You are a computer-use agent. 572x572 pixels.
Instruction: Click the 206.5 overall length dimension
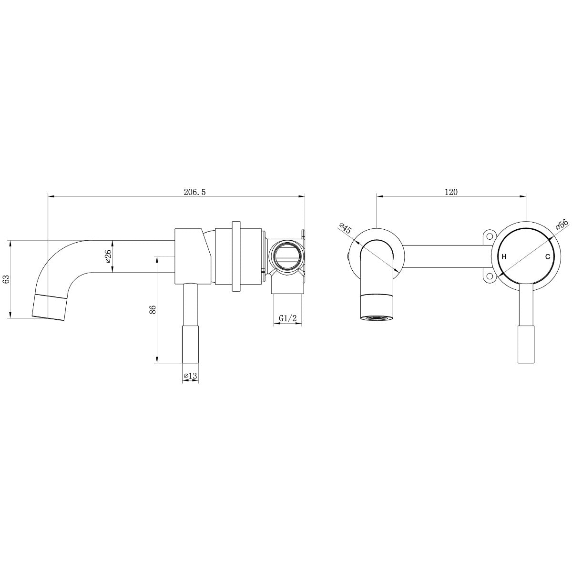click(x=194, y=192)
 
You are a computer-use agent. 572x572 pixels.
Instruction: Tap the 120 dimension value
click(x=451, y=192)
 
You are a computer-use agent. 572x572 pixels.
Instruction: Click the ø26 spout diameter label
click(x=108, y=256)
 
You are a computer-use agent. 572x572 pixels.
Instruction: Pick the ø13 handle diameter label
click(x=190, y=376)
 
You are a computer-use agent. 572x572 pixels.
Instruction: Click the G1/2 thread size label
click(x=287, y=318)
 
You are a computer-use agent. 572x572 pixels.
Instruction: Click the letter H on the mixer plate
click(x=504, y=257)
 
